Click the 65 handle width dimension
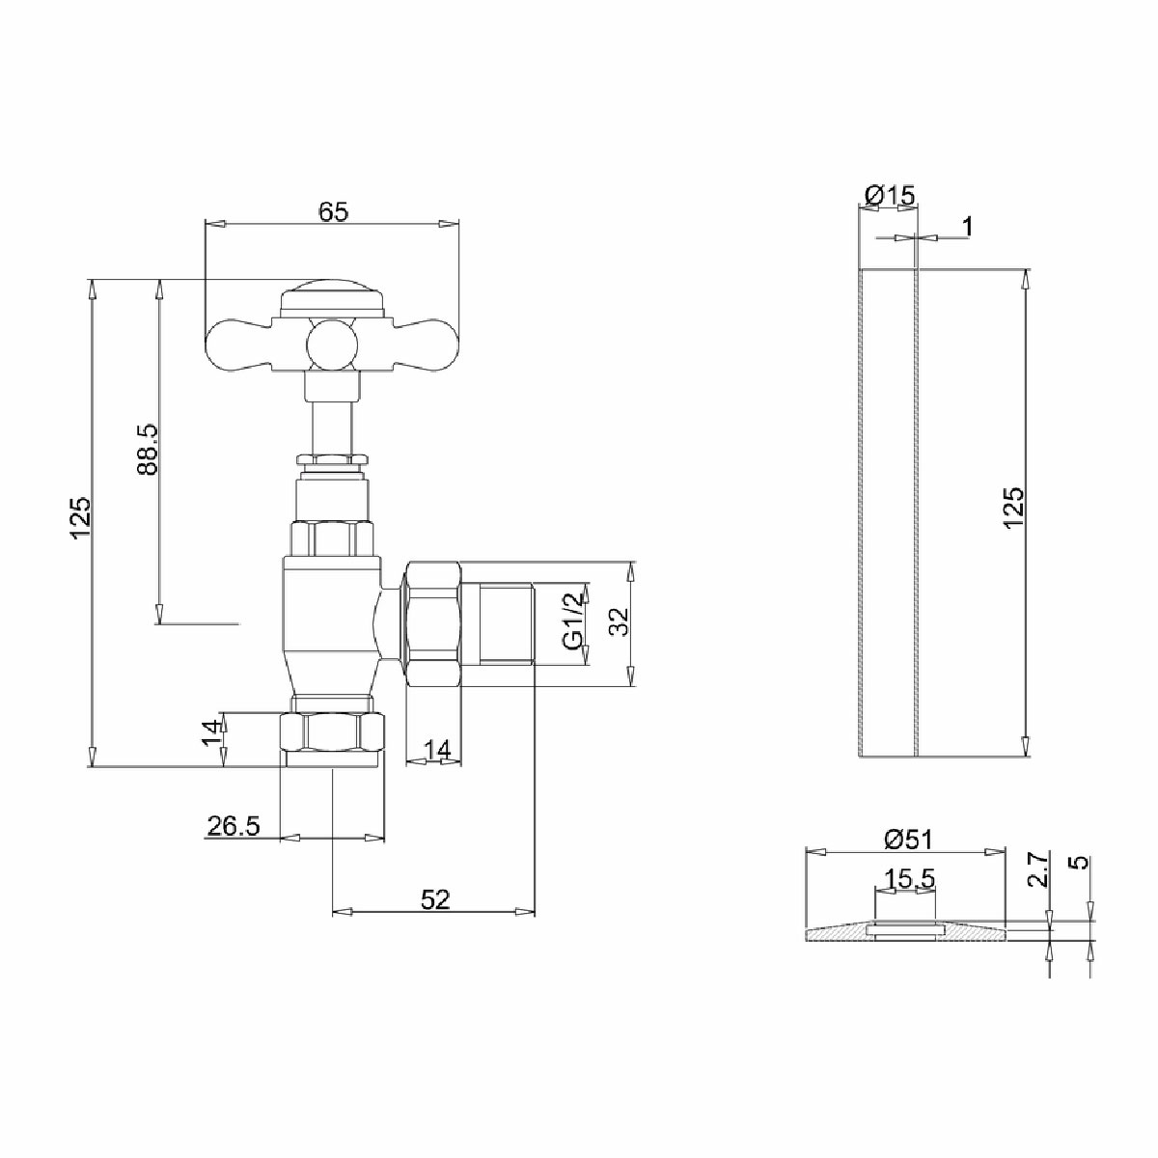[x=334, y=212]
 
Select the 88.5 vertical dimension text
[x=149, y=450]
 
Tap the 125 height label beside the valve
[x=80, y=517]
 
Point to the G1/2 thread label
[x=573, y=623]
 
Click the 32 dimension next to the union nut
[x=618, y=622]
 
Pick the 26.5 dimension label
[x=234, y=826]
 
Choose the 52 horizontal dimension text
[x=435, y=899]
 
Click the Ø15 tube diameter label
[x=890, y=195]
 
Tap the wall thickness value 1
[x=968, y=227]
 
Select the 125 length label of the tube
[x=1014, y=508]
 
